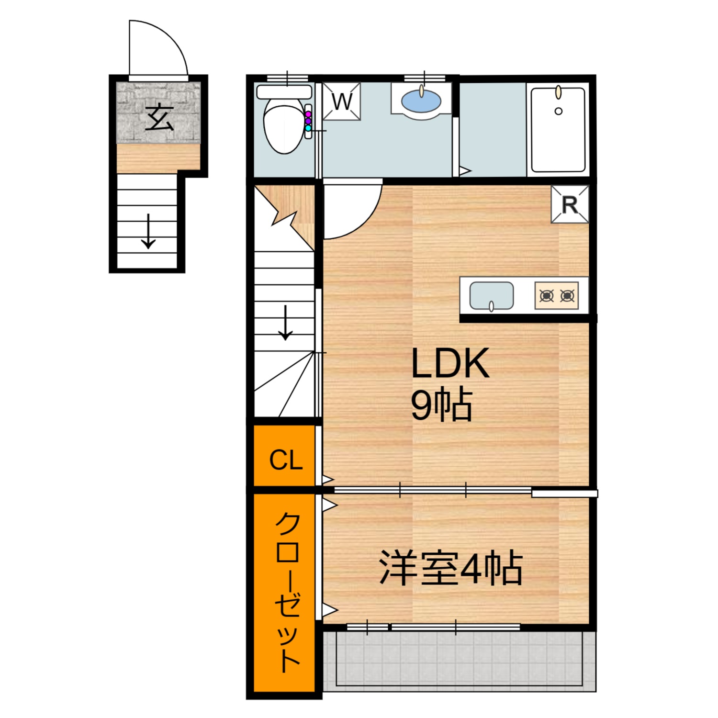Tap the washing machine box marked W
pos(341,101)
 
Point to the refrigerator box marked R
pos(570,204)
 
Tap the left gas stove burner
pos(547,296)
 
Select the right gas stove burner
pos(567,296)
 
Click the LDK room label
pos(450,364)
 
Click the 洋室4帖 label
pos(450,569)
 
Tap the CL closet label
pos(286,460)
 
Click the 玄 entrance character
pos(159,118)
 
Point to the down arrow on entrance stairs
pos(148,231)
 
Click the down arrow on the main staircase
pos(286,323)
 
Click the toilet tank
pos(284,91)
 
